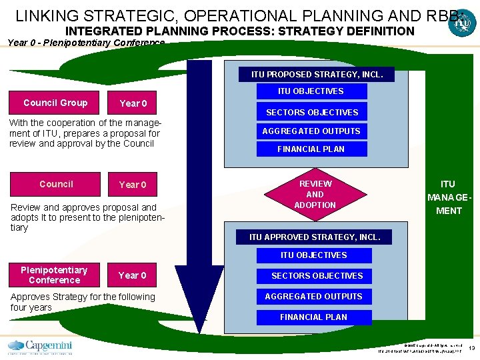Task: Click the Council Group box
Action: [x=55, y=103]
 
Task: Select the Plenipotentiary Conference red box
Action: [x=54, y=275]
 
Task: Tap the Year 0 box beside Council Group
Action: [x=133, y=103]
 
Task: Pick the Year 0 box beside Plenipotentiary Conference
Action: [x=132, y=275]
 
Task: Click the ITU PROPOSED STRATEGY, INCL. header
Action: [x=317, y=74]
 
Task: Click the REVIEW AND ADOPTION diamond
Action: [x=315, y=194]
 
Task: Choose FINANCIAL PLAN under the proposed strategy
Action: [x=311, y=149]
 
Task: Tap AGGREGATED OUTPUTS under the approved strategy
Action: [x=313, y=296]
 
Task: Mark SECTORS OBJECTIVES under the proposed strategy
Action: [x=312, y=112]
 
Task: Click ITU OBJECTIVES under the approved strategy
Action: [x=313, y=255]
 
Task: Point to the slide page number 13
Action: [x=471, y=349]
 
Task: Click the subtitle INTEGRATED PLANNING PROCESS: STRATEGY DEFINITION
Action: [x=239, y=31]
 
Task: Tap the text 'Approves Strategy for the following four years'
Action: [x=83, y=302]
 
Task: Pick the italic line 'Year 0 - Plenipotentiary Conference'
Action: [x=86, y=43]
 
